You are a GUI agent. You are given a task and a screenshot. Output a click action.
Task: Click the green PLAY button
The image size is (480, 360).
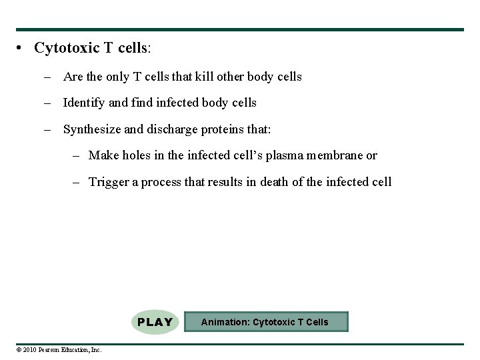tap(155, 322)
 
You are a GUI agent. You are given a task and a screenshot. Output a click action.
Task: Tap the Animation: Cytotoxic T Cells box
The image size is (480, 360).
tap(265, 322)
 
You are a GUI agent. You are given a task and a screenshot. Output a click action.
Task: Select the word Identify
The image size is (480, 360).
tap(84, 103)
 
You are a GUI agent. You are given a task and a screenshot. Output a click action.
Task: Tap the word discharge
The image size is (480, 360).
tap(173, 129)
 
